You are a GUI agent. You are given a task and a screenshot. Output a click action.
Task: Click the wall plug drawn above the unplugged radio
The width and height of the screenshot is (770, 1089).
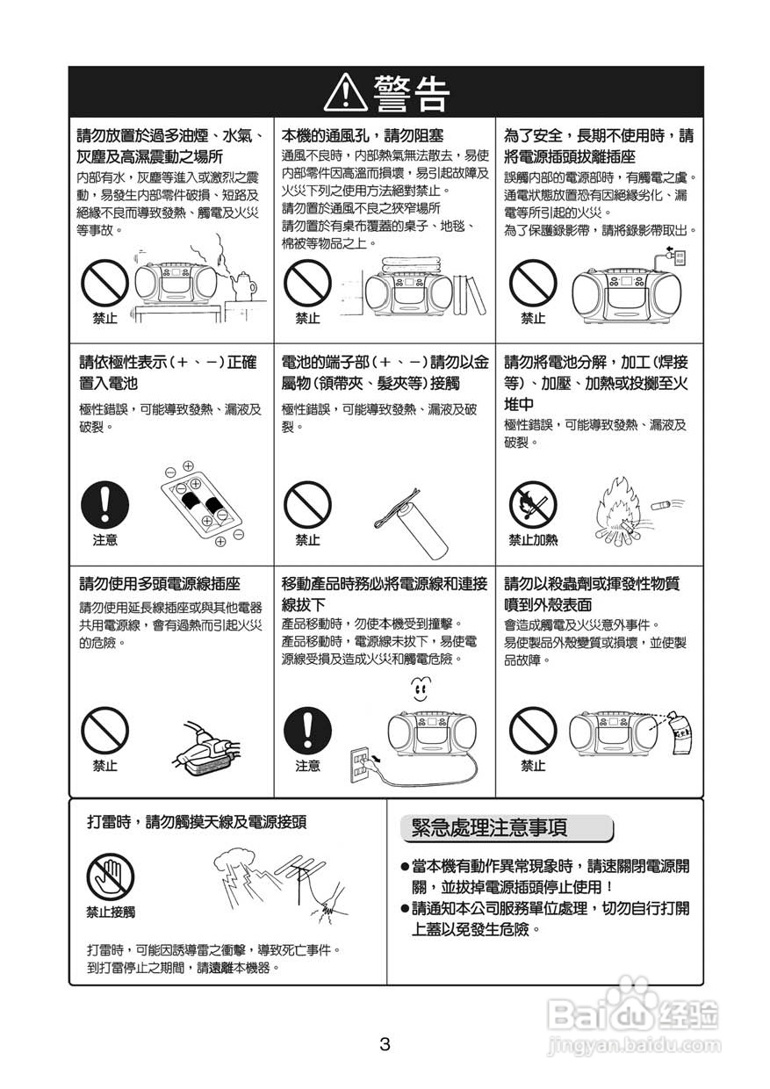pos(676,256)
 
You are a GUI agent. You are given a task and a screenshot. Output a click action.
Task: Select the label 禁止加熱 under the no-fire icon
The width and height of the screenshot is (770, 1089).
pos(533,540)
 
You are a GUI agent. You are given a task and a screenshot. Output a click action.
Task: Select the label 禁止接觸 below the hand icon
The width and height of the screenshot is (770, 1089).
pos(111,912)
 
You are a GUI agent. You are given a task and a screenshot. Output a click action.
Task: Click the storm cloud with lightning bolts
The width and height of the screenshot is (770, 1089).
pos(248,864)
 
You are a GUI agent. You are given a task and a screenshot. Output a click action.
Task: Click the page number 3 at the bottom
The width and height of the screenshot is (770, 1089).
pos(385,1045)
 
